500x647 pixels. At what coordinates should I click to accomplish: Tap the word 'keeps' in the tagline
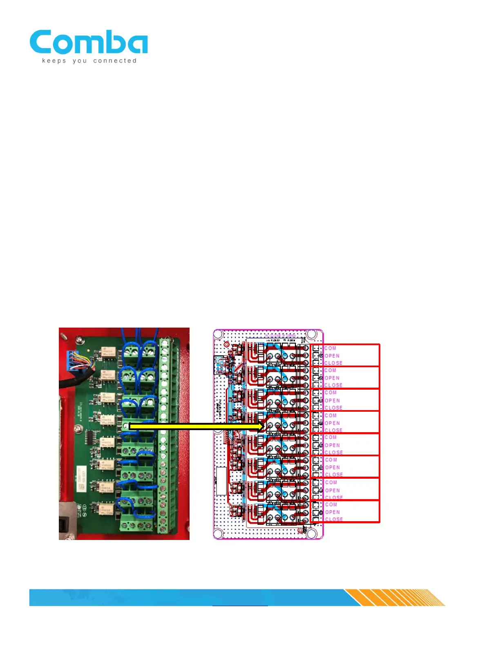pos(54,61)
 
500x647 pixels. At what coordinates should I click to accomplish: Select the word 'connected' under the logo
pos(115,61)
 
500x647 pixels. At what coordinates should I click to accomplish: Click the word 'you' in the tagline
pos(80,61)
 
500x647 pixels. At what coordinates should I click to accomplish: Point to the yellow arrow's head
pos(261,426)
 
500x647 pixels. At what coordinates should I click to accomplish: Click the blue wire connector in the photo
pos(72,359)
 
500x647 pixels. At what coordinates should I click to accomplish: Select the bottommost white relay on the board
pos(107,509)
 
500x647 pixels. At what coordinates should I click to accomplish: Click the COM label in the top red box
pos(330,348)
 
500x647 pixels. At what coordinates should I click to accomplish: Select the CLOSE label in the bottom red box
pos(334,519)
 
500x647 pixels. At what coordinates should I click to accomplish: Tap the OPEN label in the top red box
pos(332,356)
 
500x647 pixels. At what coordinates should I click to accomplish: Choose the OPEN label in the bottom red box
pos(332,512)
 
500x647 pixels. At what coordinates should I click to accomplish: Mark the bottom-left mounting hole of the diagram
pos(219,533)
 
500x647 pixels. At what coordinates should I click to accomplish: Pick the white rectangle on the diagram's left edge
pos(221,481)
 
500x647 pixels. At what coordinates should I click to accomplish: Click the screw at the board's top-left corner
pos(64,337)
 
